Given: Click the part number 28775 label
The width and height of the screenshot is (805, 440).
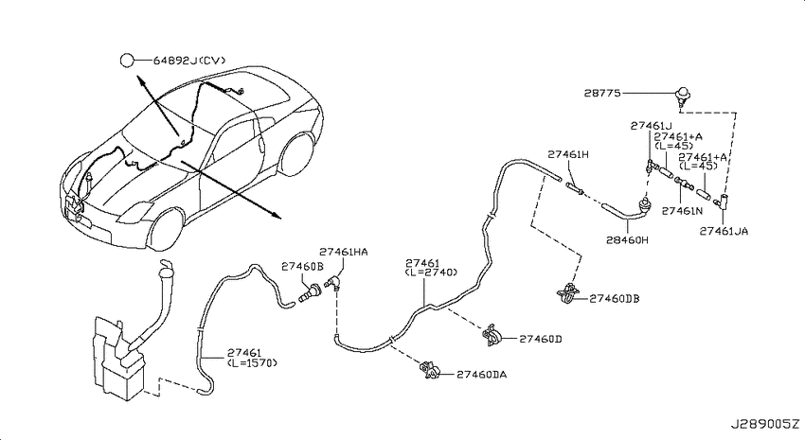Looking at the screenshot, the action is click(602, 94).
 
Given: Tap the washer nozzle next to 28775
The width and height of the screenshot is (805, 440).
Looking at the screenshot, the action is click(682, 96).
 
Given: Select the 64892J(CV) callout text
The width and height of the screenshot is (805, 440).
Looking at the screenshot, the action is click(189, 61).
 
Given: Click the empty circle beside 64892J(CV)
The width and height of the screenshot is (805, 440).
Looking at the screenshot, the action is click(127, 61).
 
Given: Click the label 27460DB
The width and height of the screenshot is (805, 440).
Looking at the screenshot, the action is click(615, 298).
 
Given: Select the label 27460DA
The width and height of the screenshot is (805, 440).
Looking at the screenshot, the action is click(481, 375).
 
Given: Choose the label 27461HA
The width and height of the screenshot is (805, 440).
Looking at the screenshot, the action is click(344, 252).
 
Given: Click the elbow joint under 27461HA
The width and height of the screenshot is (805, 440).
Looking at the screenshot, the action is click(332, 283).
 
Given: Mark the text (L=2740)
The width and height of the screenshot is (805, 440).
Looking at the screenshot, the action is click(431, 273).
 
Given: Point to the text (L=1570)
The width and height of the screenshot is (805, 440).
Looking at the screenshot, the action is click(252, 362).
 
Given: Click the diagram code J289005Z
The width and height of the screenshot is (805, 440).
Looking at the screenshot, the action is click(765, 425).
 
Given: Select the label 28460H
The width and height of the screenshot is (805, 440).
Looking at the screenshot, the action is click(627, 239).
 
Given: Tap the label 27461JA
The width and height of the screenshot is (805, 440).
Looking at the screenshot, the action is click(724, 231).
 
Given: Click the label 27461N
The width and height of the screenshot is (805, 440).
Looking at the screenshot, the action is click(682, 211).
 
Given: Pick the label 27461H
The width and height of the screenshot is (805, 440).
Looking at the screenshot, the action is click(568, 154).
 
